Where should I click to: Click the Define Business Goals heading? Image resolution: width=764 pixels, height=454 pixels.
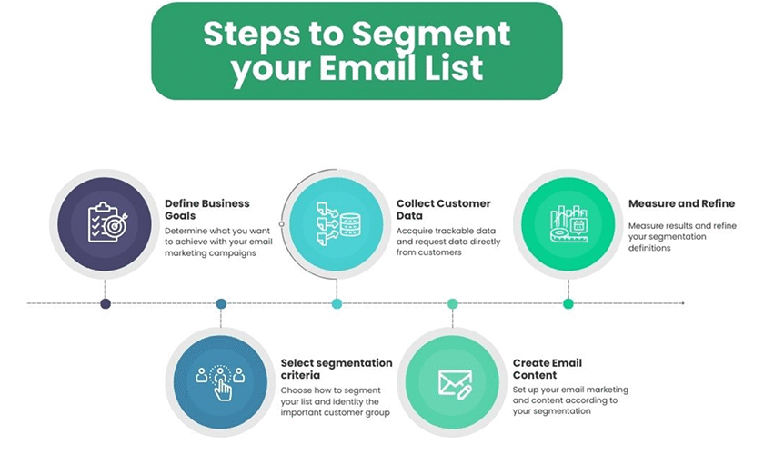click(x=207, y=209)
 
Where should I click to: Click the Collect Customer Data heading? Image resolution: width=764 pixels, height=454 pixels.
click(x=444, y=209)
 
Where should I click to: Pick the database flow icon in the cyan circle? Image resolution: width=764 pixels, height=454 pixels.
click(x=338, y=224)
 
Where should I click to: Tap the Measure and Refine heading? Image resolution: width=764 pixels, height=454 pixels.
click(x=681, y=203)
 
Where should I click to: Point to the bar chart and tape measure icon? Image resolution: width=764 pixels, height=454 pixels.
click(x=568, y=223)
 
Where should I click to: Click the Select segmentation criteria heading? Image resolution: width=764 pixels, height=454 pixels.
click(x=337, y=369)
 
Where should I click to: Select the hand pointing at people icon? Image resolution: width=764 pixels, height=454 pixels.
click(x=220, y=382)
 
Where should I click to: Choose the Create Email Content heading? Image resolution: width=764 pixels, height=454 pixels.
click(x=548, y=369)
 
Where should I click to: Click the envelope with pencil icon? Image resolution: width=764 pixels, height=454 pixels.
click(x=455, y=384)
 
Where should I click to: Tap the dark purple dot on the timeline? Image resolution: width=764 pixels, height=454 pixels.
click(x=106, y=303)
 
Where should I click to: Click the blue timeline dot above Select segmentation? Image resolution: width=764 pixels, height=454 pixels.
click(x=221, y=303)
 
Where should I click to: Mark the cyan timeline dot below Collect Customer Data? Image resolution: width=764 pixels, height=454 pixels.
click(x=337, y=303)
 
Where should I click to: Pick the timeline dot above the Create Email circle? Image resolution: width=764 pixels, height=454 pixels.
click(x=453, y=303)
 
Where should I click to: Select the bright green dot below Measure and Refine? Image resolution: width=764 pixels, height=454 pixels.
click(x=568, y=303)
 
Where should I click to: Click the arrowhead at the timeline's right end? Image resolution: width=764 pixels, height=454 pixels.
click(x=683, y=303)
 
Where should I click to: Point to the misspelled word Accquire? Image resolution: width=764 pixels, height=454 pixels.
click(x=414, y=232)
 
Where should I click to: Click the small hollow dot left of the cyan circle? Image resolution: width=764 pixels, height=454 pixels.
click(x=282, y=224)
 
